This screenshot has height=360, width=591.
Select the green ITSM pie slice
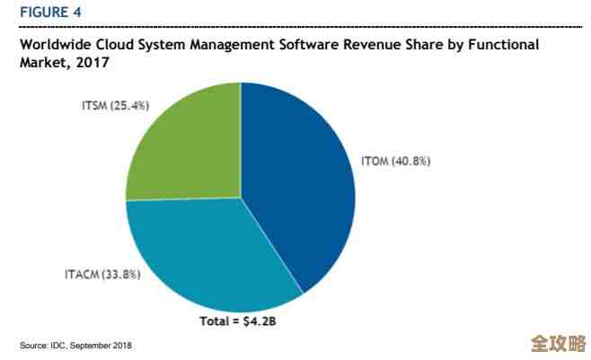point(184,144)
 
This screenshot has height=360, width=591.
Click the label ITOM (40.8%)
point(396,162)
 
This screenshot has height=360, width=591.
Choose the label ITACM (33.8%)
point(101,276)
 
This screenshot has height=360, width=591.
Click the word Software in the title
point(306,45)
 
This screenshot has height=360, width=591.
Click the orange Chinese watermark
point(558,343)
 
